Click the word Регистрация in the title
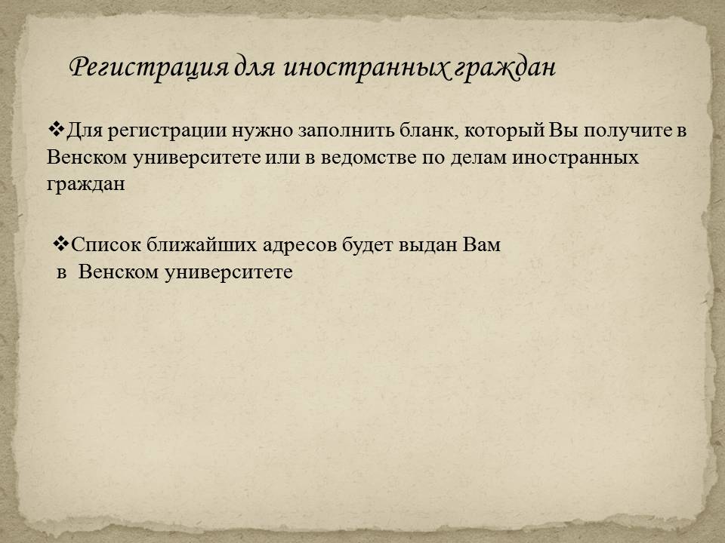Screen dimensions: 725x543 (149, 68)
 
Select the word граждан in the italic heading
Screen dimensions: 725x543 (503, 68)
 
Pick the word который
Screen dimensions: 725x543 (504, 130)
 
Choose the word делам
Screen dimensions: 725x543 (480, 158)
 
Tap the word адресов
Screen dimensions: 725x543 (299, 244)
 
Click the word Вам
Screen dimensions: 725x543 (482, 244)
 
